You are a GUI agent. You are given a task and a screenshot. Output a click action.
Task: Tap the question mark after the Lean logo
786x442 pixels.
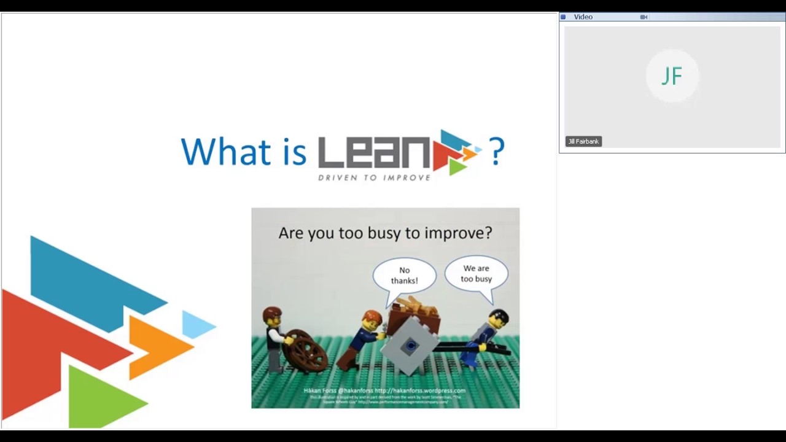point(496,151)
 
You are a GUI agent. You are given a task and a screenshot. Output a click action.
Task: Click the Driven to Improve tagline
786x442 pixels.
point(374,177)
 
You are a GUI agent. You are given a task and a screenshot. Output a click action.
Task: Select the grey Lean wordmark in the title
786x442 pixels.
point(373,153)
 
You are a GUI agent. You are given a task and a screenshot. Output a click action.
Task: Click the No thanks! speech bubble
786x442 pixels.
point(404,276)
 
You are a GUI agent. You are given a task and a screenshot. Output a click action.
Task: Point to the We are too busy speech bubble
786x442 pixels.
point(477,274)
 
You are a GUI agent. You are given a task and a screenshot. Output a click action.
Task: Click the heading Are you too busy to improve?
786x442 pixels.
point(385,233)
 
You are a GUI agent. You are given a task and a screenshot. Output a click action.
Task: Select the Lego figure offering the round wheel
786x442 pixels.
point(273,337)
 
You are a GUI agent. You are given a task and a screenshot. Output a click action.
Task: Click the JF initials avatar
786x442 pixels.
point(672,76)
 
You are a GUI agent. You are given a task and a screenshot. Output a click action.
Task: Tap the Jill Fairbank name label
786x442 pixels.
point(583,141)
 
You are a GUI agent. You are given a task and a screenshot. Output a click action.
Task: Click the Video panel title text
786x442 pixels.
point(583,17)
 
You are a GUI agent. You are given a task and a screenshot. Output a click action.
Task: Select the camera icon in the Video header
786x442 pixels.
point(644,17)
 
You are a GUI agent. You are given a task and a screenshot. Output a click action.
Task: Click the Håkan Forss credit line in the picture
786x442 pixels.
point(384,390)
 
